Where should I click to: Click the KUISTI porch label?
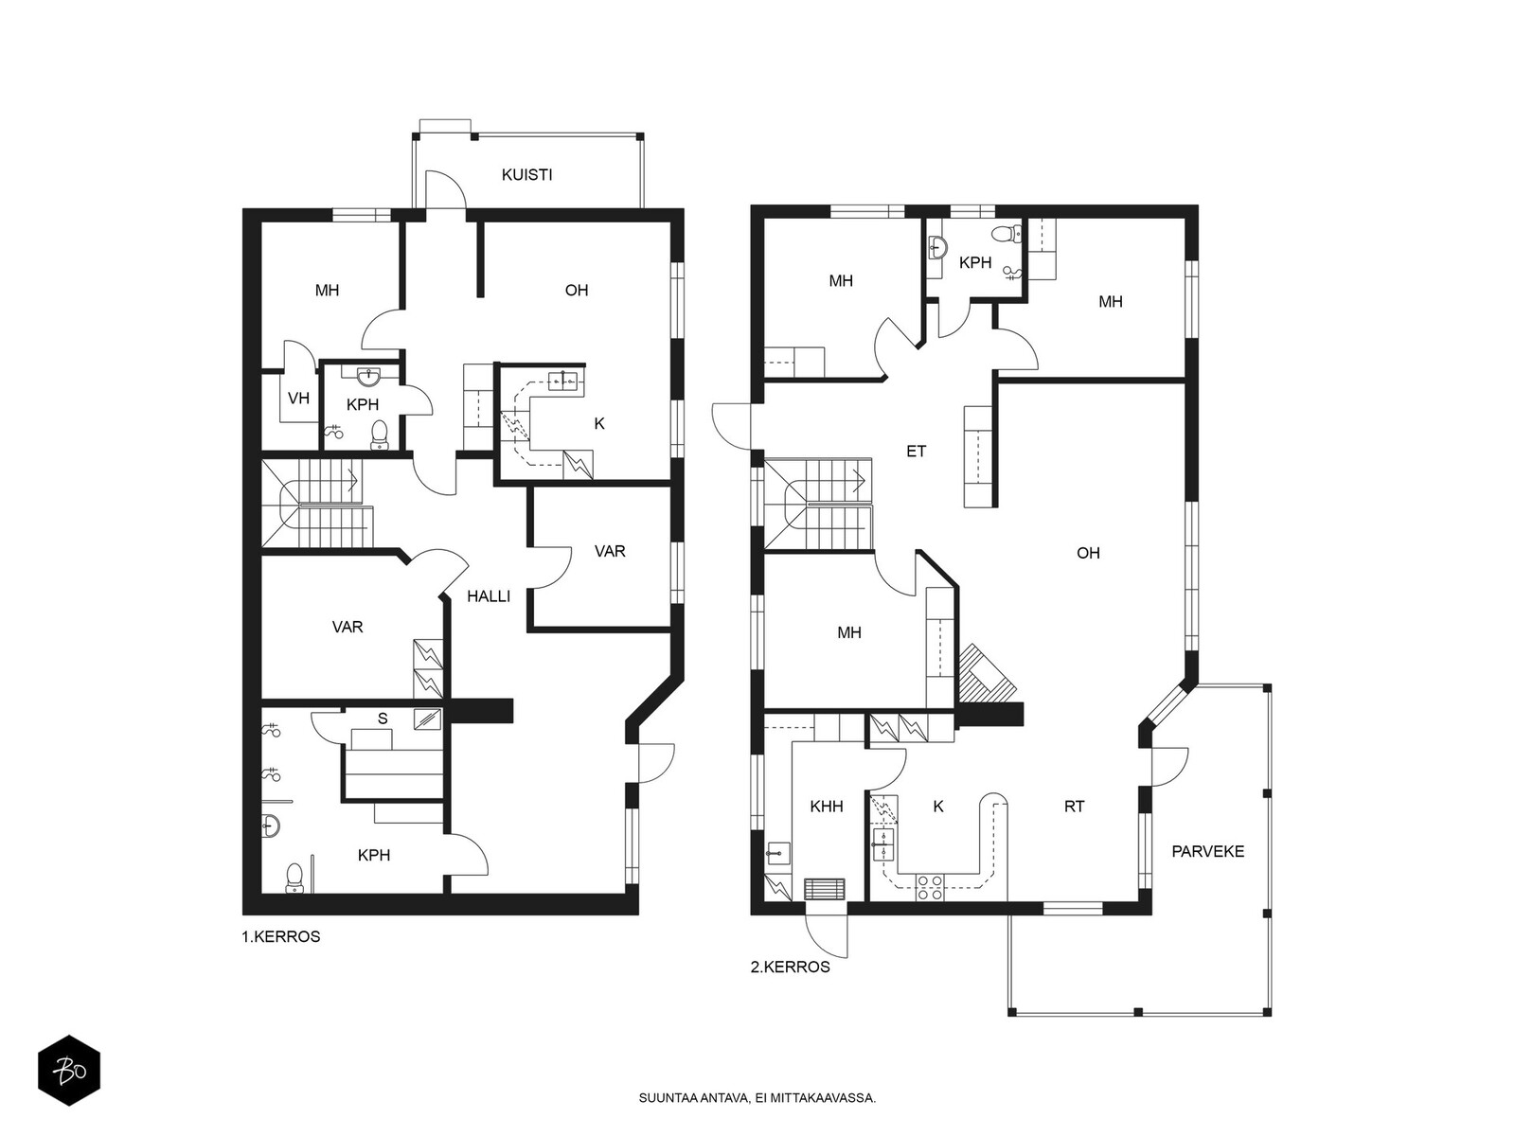click(526, 175)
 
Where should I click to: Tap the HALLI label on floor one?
click(489, 596)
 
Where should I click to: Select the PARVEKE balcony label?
click(1208, 852)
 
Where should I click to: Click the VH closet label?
click(299, 399)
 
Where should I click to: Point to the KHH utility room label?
click(827, 807)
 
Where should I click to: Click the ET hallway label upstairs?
click(916, 452)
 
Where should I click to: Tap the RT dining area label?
click(1074, 807)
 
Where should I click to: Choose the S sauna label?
click(383, 719)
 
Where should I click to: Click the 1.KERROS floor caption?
click(281, 936)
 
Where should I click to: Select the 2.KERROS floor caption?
click(791, 967)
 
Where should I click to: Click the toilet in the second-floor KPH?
click(1006, 235)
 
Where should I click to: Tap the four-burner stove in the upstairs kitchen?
click(929, 886)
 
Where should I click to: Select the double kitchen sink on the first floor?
click(564, 380)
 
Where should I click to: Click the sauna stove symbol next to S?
click(427, 719)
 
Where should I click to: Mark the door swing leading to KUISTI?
click(444, 188)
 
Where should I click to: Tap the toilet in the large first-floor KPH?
click(294, 878)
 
